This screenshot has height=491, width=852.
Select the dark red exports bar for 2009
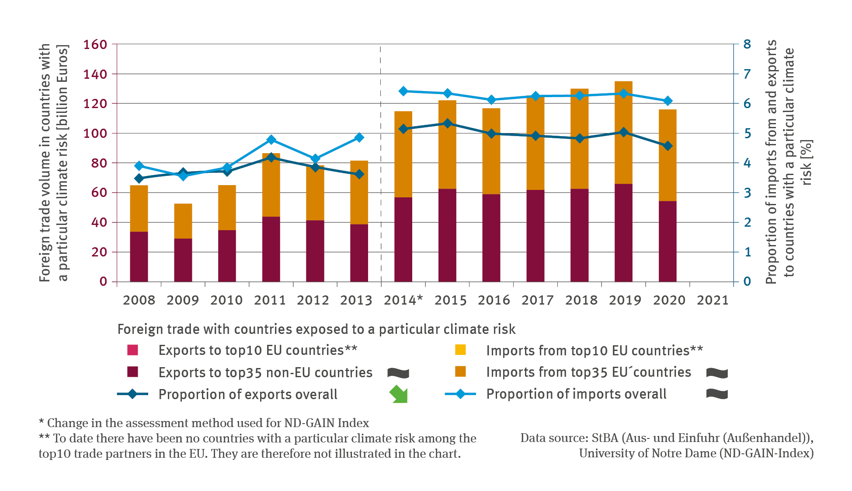click(x=183, y=260)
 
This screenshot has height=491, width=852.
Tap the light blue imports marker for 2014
click(x=403, y=91)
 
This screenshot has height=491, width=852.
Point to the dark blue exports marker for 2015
click(x=447, y=123)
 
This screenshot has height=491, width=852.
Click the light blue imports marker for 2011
click(x=271, y=140)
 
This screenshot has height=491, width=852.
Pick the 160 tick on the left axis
click(x=95, y=44)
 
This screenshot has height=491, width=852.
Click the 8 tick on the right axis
click(x=747, y=44)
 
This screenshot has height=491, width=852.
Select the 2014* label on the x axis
click(x=403, y=300)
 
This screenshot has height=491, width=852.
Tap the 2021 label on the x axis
click(x=713, y=300)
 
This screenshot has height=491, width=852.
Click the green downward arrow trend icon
click(x=399, y=394)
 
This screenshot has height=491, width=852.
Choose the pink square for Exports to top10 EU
click(x=132, y=350)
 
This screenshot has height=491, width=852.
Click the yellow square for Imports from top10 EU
click(x=460, y=350)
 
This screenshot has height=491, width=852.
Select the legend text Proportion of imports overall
click(x=576, y=394)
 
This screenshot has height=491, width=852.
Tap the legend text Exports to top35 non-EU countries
click(x=265, y=372)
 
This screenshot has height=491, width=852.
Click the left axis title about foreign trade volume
click(x=53, y=163)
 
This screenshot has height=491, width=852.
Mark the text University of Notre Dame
click(x=647, y=453)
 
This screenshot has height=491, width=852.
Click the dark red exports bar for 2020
click(x=668, y=241)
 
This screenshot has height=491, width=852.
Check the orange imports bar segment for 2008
click(x=139, y=208)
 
